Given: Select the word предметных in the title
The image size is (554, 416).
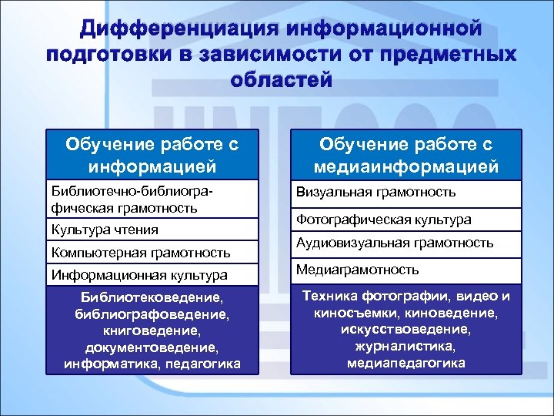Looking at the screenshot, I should tap(451, 55).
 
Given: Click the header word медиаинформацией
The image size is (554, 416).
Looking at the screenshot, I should tap(405, 166).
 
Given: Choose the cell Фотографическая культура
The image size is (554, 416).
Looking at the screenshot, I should tap(389, 220).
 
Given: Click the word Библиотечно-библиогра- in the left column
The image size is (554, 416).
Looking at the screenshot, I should tap(130, 191).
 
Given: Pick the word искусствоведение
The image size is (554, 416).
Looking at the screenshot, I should tap(405, 330).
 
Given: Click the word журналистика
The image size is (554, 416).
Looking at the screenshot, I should tap(405, 347).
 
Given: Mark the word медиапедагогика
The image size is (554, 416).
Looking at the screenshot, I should tap(405, 364).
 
